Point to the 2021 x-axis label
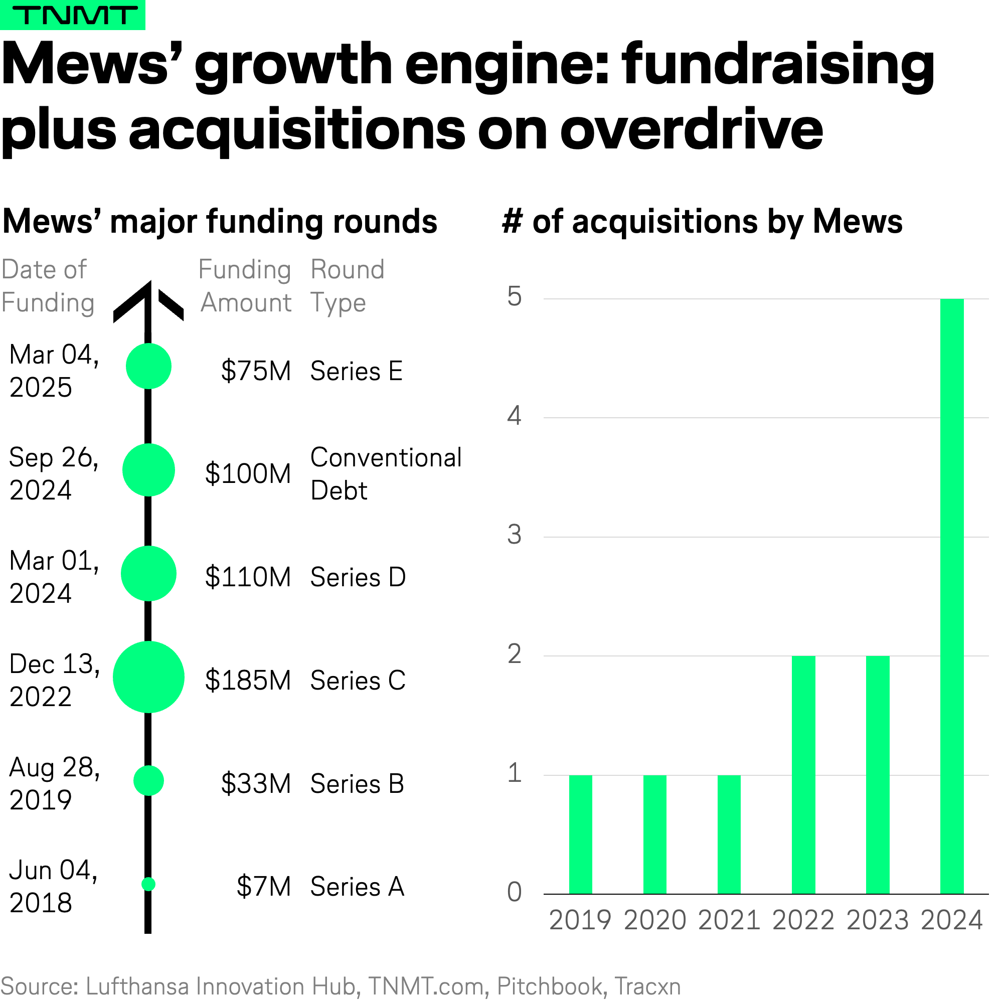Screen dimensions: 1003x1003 coord(729,920)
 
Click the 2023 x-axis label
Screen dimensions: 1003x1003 coord(877,920)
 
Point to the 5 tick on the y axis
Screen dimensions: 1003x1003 coord(514,297)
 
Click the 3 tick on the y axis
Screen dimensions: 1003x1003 coord(514,535)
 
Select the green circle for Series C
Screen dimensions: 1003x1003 coord(148,677)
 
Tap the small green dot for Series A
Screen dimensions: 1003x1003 coord(148,884)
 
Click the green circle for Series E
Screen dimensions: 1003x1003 coord(148,367)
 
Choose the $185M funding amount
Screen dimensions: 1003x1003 coord(248,681)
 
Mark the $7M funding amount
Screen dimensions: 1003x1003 coord(263,887)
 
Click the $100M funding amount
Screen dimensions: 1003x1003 coord(248,474)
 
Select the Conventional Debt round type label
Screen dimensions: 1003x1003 coord(385,474)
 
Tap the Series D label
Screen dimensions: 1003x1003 coord(358,577)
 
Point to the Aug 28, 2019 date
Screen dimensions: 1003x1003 coord(54,783)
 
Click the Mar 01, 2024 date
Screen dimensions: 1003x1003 coord(54,577)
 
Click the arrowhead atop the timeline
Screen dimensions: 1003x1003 coord(148,301)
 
